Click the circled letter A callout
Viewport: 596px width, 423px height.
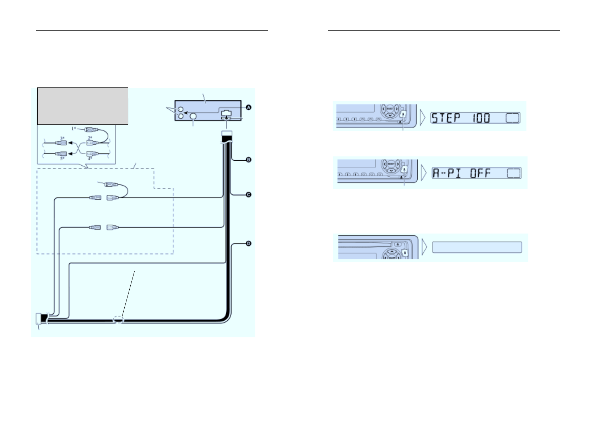(x=249, y=107)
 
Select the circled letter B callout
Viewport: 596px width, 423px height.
(x=249, y=160)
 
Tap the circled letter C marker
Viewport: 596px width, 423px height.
(x=249, y=195)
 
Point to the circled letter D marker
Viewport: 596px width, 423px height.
(x=249, y=243)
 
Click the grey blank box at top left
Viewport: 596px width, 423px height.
(x=82, y=106)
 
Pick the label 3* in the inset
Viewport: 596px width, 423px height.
(x=63, y=138)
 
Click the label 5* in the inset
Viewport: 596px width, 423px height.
(x=63, y=158)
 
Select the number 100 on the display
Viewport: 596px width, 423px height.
(x=481, y=118)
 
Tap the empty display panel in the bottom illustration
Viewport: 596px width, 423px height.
(x=477, y=247)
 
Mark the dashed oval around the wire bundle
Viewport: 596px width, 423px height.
(x=118, y=320)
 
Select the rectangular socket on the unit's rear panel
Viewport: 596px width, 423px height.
(x=226, y=114)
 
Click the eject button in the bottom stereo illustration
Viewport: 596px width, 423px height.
(x=397, y=245)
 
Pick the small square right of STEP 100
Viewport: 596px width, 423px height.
(x=513, y=118)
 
